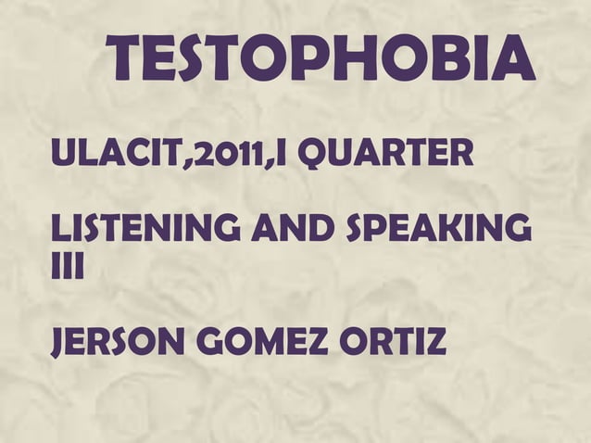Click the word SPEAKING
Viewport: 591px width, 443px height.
tap(441, 227)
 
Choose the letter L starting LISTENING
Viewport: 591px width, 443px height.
tap(59, 227)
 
